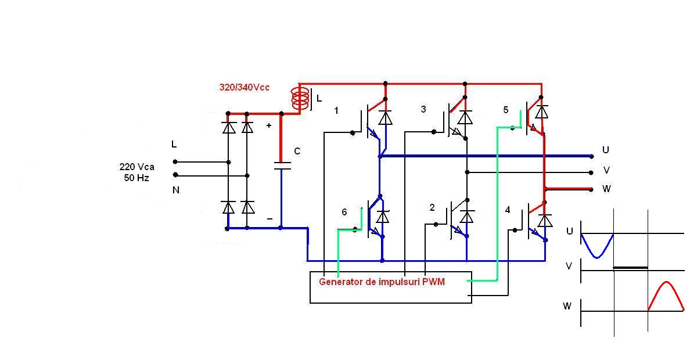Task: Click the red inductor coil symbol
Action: coord(300,99)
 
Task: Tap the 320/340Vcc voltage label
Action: coord(244,88)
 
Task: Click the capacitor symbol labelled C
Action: coord(282,166)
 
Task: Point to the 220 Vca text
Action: coord(137,167)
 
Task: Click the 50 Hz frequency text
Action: coord(136,178)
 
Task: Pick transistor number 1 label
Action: coord(336,110)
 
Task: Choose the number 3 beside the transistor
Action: coord(423,109)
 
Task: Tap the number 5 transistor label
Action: coord(506,110)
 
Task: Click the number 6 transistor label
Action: coord(344,213)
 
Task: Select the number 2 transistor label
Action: coord(432,207)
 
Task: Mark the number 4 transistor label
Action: coord(508,210)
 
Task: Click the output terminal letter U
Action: coord(606,150)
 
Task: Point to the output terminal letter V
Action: coord(606,170)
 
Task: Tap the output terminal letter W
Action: coord(606,189)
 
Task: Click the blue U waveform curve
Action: coord(597,249)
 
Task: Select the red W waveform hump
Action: coord(667,290)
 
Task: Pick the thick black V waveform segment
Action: coord(630,268)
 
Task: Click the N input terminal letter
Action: coord(175,190)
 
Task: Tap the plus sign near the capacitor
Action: coord(269,125)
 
